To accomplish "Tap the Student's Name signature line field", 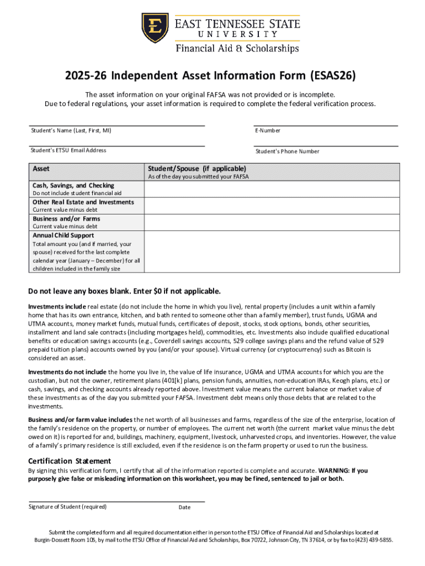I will click(x=116, y=125).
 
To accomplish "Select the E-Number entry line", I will click(x=326, y=125).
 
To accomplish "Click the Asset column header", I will click(x=42, y=168).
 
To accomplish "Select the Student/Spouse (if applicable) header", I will click(x=196, y=169).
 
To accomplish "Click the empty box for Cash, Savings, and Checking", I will click(x=272, y=189).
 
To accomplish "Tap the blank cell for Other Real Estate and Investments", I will click(x=272, y=206).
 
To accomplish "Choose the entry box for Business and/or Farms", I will click(x=272, y=222).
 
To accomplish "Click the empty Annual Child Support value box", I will click(x=272, y=251).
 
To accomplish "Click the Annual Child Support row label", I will click(x=63, y=235).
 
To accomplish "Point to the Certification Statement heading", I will click(x=70, y=461).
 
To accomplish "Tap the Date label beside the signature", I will click(x=184, y=507).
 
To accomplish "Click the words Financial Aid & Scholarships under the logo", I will click(x=237, y=49).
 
